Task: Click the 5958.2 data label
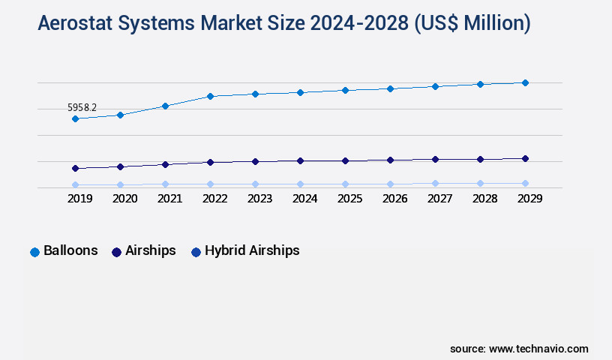[82, 108]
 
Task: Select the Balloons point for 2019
[75, 118]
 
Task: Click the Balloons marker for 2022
[210, 96]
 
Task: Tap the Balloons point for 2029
[525, 82]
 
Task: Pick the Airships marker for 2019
[75, 168]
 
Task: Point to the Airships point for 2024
[300, 160]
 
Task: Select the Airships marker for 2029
[525, 158]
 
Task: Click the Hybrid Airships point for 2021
[165, 184]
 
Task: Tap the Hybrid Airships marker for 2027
[435, 183]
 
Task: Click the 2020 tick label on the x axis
[124, 199]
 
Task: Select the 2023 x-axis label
[259, 199]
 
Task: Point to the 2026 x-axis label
[394, 199]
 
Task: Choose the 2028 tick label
[484, 199]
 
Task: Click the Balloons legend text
[70, 250]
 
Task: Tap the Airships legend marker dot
[116, 252]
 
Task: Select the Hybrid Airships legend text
[252, 250]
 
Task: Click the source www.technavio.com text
[519, 349]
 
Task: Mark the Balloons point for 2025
[345, 90]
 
